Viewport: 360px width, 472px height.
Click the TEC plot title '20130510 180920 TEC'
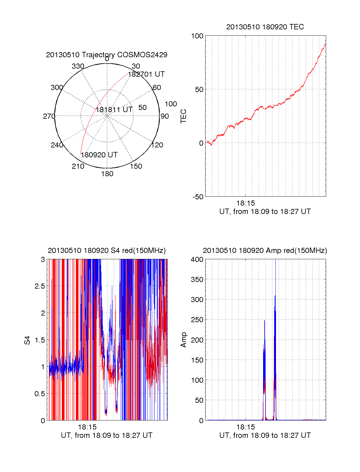pos(265,27)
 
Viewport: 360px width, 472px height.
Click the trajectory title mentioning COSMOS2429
pos(106,55)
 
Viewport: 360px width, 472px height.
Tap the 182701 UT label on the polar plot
pos(146,74)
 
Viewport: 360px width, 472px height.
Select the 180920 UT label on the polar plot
pos(99,155)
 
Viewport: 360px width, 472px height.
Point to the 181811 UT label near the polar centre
pos(114,110)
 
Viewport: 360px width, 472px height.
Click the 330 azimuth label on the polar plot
pos(78,66)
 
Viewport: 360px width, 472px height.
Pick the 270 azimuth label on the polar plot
pos(49,116)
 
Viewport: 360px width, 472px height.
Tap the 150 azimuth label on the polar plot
pos(136,166)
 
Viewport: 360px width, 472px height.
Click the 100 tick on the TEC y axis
pos(197,36)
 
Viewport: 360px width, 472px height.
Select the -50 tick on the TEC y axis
pos(198,197)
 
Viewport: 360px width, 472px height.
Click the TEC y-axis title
pos(183,116)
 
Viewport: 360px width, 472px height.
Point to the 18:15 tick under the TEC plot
pos(245,203)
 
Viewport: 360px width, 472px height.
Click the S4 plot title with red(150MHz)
pos(106,251)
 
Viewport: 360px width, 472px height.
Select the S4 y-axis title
pos(27,340)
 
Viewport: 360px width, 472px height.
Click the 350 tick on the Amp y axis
pos(197,280)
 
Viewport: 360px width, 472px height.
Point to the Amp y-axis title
pos(183,340)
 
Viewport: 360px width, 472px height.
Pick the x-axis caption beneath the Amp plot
pos(265,435)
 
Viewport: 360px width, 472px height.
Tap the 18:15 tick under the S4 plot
pos(87,427)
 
